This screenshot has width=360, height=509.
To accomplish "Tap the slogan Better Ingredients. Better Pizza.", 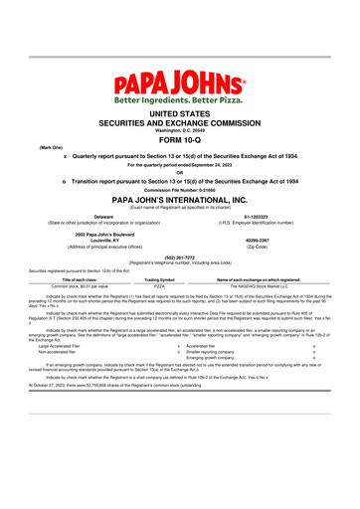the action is coord(180,99).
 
